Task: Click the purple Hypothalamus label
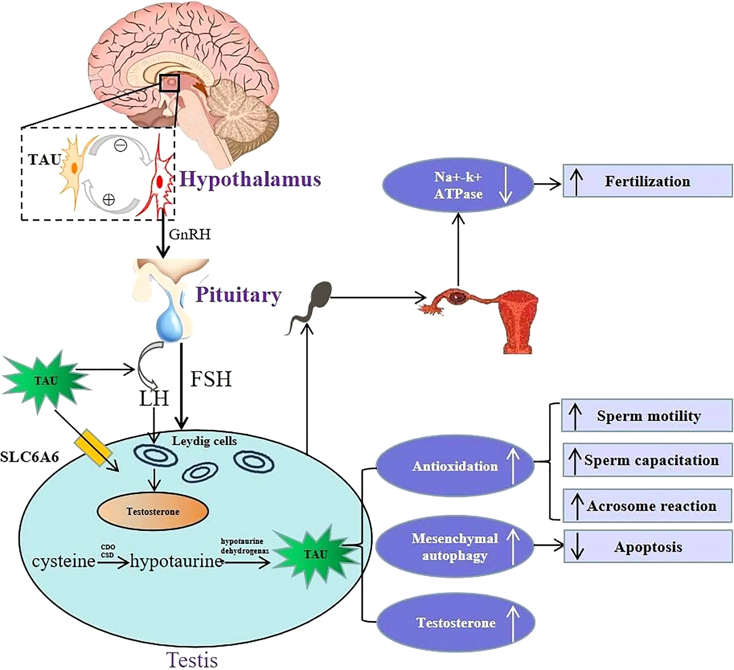click(250, 179)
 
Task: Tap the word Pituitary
click(239, 295)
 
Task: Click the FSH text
click(211, 379)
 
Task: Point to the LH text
click(154, 399)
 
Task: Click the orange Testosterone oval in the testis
click(153, 511)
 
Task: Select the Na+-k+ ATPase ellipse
click(458, 185)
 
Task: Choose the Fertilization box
click(647, 181)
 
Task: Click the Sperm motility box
click(647, 416)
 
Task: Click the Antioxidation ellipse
click(455, 466)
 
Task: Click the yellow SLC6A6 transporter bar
click(93, 448)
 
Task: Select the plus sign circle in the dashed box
click(108, 199)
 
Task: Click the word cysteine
click(64, 561)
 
